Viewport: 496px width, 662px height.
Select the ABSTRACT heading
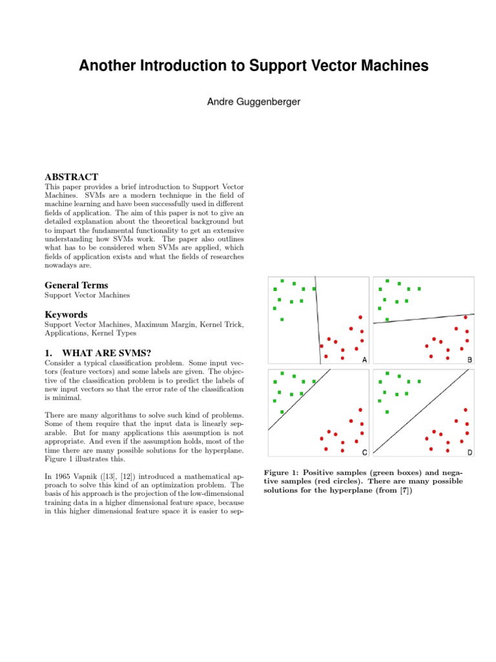coord(71,176)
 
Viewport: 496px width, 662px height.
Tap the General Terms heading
coord(76,285)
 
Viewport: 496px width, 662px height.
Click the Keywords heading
coord(66,315)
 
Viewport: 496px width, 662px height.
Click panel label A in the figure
coord(364,359)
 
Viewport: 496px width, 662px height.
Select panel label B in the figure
coord(470,359)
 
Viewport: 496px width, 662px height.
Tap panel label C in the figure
coord(364,451)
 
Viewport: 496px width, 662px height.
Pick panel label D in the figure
coord(470,451)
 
